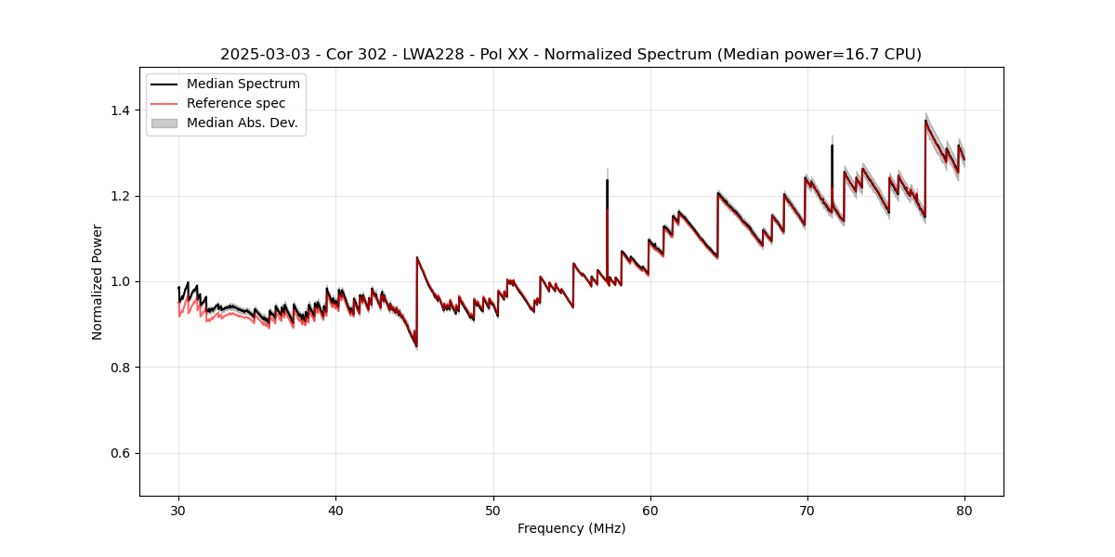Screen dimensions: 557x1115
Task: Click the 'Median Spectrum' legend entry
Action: click(243, 84)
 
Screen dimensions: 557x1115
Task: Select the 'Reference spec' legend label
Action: click(236, 103)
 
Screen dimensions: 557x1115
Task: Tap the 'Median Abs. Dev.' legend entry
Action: click(242, 123)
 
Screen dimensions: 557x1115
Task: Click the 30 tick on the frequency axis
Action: click(178, 511)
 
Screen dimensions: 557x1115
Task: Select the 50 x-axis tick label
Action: click(493, 511)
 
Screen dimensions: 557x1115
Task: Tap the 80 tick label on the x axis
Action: click(964, 511)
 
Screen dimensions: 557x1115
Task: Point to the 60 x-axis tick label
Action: click(650, 511)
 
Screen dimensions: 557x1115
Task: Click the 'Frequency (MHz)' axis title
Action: click(571, 528)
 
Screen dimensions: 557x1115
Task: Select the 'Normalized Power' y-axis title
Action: click(98, 281)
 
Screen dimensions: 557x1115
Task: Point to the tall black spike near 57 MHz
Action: click(607, 186)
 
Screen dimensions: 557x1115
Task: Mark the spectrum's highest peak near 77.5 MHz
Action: click(925, 121)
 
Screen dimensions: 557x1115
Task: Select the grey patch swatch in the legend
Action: click(164, 123)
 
